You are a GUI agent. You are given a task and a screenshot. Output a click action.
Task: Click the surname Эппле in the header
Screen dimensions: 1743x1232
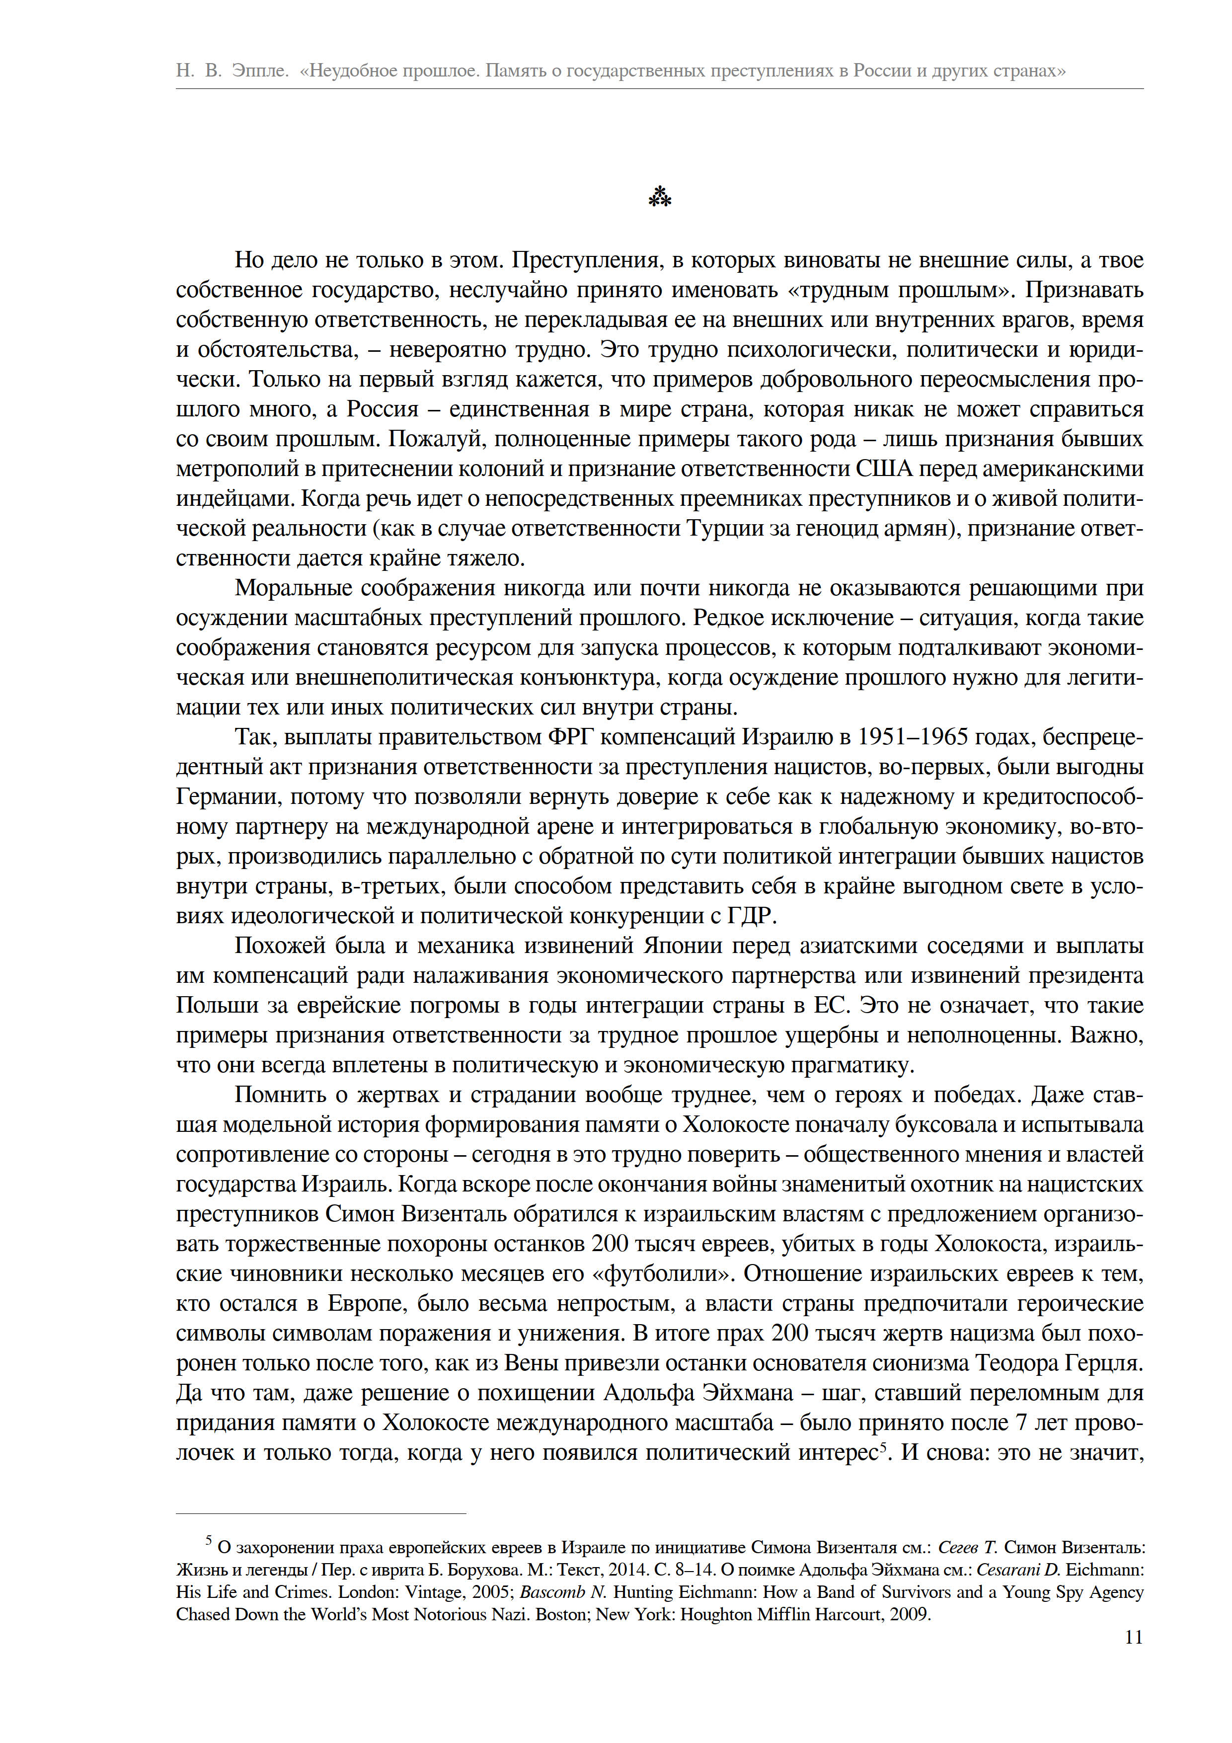pyautogui.click(x=259, y=71)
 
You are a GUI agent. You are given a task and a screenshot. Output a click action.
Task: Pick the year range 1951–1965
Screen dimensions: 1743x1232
pyautogui.click(x=903, y=737)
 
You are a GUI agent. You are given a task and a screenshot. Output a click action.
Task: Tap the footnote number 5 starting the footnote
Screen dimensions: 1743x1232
pyautogui.click(x=209, y=1540)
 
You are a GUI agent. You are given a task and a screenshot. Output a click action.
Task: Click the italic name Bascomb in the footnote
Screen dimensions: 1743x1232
pyautogui.click(x=556, y=1592)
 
